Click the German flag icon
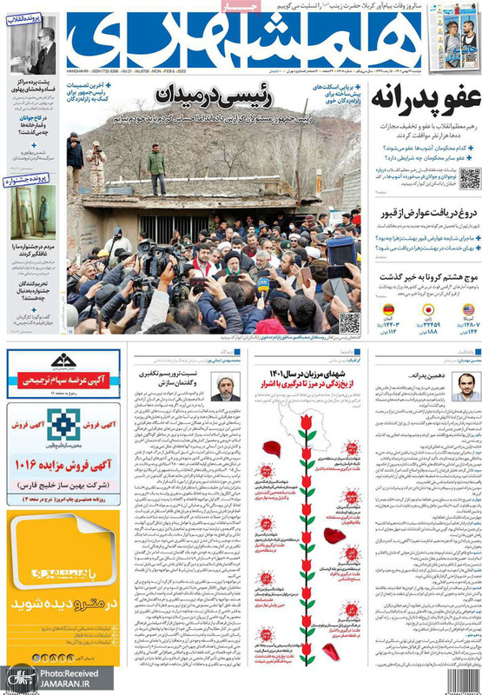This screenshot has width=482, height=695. pos(388,309)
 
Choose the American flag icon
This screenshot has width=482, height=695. pos(468,309)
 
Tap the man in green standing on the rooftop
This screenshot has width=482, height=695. pos(156,169)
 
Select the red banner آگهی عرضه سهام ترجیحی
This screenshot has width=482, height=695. pos(63,380)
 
